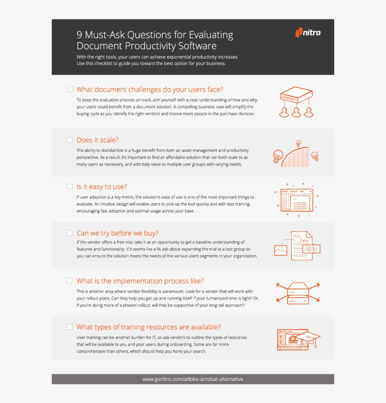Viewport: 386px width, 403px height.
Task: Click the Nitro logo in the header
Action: click(308, 32)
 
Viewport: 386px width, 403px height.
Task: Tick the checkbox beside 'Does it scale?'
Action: click(70, 140)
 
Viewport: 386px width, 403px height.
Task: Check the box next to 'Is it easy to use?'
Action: click(70, 186)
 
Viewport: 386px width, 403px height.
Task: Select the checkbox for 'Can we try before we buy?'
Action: click(70, 233)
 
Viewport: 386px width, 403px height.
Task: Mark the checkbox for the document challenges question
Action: click(70, 89)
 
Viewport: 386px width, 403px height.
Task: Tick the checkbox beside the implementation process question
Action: click(70, 281)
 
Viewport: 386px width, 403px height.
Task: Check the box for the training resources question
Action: click(70, 327)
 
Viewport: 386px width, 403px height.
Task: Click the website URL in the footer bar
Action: click(193, 379)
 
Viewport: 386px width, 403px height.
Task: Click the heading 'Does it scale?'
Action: click(97, 140)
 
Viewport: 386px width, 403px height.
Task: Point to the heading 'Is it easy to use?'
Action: click(102, 187)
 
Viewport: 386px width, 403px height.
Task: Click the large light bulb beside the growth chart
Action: click(278, 156)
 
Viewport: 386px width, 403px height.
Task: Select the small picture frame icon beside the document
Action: click(281, 251)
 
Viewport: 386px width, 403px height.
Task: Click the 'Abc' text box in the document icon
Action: click(311, 249)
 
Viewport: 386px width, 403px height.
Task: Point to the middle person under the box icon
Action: click(296, 112)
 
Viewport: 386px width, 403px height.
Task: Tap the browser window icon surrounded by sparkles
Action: click(297, 200)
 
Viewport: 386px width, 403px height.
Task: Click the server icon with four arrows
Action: click(298, 293)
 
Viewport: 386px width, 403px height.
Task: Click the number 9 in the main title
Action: click(79, 35)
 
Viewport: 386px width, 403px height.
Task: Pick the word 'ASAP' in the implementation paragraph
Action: click(187, 299)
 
